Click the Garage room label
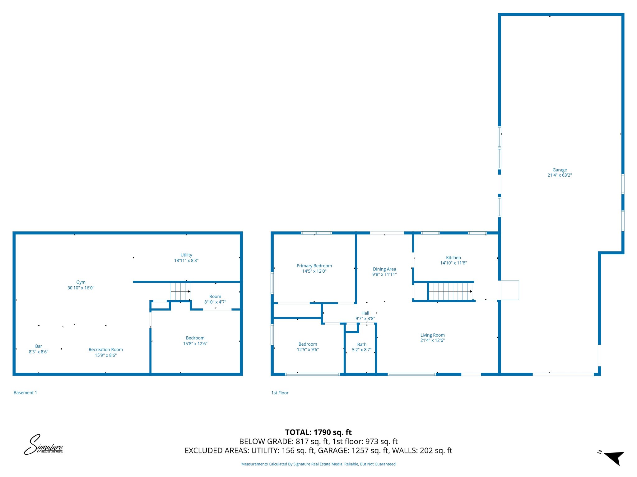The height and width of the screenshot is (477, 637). pyautogui.click(x=560, y=170)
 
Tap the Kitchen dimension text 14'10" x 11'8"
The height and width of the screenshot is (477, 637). pyautogui.click(x=453, y=263)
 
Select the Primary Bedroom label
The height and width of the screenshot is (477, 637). pyautogui.click(x=314, y=266)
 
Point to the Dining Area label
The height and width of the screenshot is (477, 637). pyautogui.click(x=384, y=269)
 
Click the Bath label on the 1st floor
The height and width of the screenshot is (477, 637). pyautogui.click(x=362, y=344)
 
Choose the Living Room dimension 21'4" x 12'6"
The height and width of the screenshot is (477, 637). pyautogui.click(x=432, y=340)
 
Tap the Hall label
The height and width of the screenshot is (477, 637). pyautogui.click(x=365, y=313)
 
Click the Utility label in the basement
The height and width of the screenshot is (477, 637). pyautogui.click(x=186, y=255)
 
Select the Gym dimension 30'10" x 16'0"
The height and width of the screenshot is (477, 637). pyautogui.click(x=81, y=288)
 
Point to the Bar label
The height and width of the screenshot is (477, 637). pyautogui.click(x=39, y=346)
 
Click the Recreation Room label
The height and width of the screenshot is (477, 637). pyautogui.click(x=106, y=350)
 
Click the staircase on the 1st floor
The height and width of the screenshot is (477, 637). pyautogui.click(x=450, y=291)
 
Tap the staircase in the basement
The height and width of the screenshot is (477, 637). pyautogui.click(x=180, y=291)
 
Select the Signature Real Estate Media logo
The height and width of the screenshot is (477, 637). pyautogui.click(x=44, y=445)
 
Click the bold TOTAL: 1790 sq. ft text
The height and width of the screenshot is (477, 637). pyautogui.click(x=318, y=432)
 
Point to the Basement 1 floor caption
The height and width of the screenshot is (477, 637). pyautogui.click(x=25, y=393)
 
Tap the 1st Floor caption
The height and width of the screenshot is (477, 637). pyautogui.click(x=280, y=393)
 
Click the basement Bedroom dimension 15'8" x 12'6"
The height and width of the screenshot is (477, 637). pyautogui.click(x=195, y=344)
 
